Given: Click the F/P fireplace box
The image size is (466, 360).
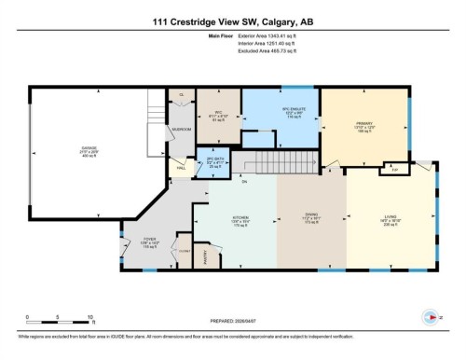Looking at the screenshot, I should (x=395, y=170).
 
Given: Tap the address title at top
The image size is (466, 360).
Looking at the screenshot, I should (x=233, y=22).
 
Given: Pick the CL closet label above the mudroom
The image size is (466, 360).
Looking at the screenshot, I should (x=182, y=94).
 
